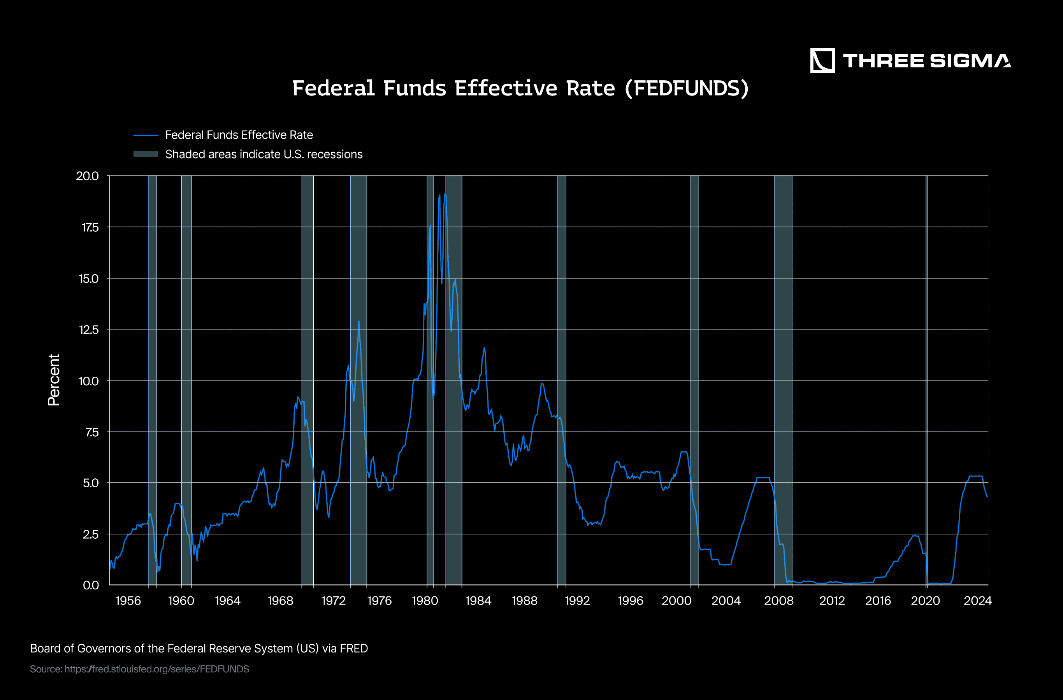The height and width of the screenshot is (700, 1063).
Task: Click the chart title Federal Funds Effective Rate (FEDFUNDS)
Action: point(520,88)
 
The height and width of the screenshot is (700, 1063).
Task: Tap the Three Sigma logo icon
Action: point(822,60)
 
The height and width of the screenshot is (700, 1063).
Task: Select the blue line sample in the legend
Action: point(146,135)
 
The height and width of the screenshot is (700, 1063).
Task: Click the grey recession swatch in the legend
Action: point(146,154)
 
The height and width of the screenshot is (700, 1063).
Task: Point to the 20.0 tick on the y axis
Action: point(88,176)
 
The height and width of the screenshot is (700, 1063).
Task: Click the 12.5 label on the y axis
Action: point(88,330)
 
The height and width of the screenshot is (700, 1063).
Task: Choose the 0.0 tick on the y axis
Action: point(91,585)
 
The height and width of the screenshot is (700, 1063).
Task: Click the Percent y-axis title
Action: point(54,380)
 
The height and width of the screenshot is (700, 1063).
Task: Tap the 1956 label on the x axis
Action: point(128,601)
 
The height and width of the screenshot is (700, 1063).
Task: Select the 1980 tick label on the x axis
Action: point(425,601)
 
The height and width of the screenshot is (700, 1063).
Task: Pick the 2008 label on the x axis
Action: point(779,601)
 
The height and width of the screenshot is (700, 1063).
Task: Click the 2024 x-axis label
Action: point(978,601)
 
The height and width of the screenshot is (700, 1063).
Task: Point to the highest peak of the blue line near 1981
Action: point(445,194)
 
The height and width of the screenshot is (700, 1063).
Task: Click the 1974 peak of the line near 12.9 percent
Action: point(358,321)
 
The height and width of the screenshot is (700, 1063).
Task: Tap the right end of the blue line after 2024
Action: point(987,496)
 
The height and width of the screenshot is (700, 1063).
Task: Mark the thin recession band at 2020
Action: point(927,380)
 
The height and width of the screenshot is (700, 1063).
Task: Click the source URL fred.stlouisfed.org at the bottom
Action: point(156,669)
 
